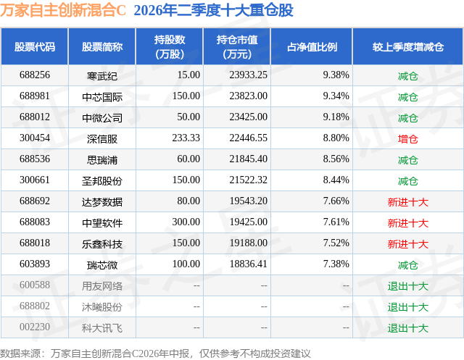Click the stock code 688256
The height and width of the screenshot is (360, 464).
[x=35, y=75]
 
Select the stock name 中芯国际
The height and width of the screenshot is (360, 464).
[x=102, y=97]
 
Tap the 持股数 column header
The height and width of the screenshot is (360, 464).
[x=170, y=46]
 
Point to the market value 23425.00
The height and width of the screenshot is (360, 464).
[x=248, y=117]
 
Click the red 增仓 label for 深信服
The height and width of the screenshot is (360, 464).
[x=407, y=139]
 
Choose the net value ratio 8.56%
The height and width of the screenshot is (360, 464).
[x=336, y=159]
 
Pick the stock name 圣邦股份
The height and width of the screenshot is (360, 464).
[x=102, y=181]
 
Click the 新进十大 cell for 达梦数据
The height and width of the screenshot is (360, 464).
[x=407, y=202]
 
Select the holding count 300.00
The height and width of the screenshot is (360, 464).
[x=186, y=222]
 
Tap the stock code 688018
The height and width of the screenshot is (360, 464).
[x=35, y=243]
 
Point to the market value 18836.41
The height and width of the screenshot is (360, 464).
[x=248, y=264]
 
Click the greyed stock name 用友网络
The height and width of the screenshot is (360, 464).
[x=102, y=286]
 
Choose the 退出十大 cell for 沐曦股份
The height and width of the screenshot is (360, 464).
[x=407, y=307]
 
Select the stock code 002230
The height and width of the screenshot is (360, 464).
[x=35, y=327]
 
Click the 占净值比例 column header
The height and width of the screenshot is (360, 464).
[x=312, y=46]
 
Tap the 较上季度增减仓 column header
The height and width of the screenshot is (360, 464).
[x=408, y=46]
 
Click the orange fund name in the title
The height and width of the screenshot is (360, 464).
[x=63, y=10]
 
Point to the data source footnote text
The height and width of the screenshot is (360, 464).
[x=155, y=353]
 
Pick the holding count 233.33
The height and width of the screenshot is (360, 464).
[x=186, y=138]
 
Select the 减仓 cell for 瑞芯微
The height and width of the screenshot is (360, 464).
[x=407, y=265]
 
